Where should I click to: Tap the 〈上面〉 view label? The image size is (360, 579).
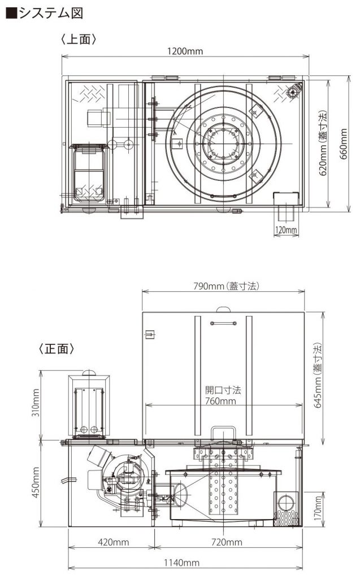pyautogui.click(x=79, y=39)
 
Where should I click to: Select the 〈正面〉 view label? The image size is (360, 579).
pyautogui.click(x=57, y=348)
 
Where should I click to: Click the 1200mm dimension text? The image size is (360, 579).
pyautogui.click(x=185, y=51)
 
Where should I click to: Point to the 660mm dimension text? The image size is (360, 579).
pyautogui.click(x=344, y=144)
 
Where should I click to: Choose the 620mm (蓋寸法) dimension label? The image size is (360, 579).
pyautogui.click(x=322, y=143)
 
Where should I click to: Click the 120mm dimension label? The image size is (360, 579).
pyautogui.click(x=286, y=230)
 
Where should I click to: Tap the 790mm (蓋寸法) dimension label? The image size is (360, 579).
pyautogui.click(x=226, y=286)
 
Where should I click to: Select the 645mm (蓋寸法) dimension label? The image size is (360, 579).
pyautogui.click(x=318, y=375)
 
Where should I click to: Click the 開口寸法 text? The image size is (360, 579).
pyautogui.click(x=223, y=390)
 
